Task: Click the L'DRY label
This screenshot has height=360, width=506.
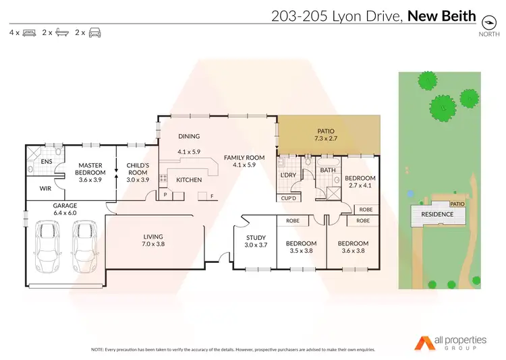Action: [288, 175]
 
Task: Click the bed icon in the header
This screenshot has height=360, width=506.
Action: [30, 32]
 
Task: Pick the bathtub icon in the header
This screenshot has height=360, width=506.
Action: [61, 32]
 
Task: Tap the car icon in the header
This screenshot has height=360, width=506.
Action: [95, 32]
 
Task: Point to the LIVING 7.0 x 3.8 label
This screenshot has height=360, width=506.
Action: [154, 240]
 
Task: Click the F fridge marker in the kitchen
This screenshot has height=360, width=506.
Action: [213, 196]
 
